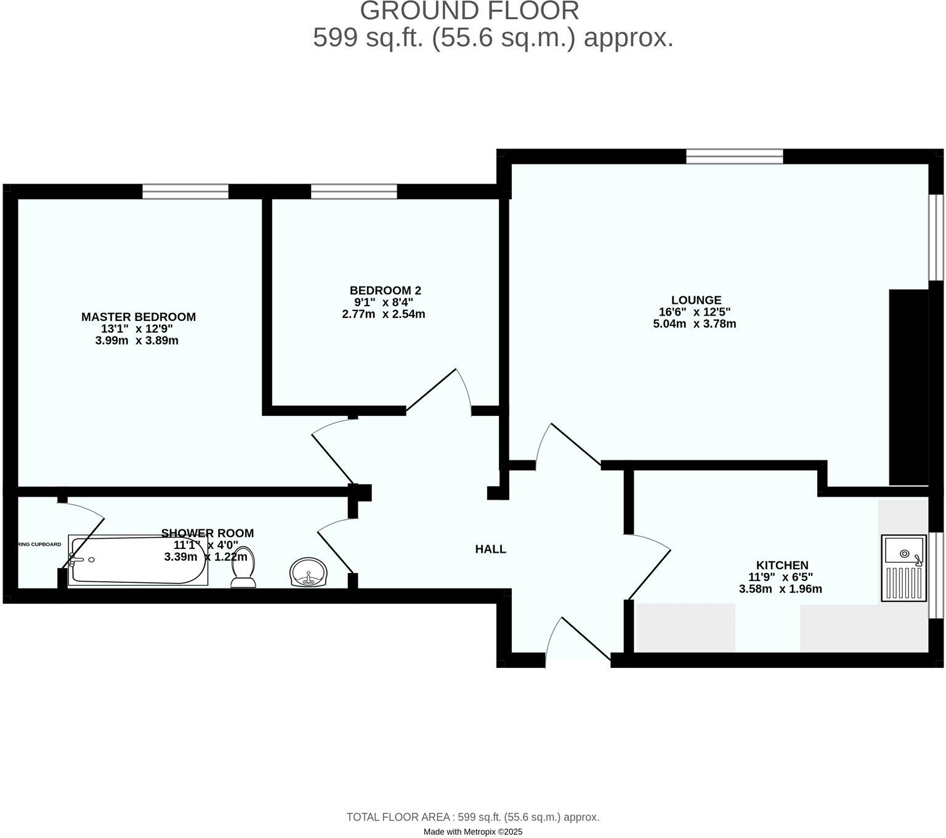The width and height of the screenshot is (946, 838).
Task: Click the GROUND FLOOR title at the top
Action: click(469, 11)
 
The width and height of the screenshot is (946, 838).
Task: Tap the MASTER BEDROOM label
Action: click(139, 317)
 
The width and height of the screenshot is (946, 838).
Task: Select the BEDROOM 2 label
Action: click(385, 290)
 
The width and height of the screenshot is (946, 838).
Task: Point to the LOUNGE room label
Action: click(696, 301)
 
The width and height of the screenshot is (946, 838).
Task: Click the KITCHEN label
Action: click(782, 565)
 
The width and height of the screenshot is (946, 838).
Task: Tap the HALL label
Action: click(490, 549)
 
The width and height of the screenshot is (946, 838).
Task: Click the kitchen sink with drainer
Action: click(904, 567)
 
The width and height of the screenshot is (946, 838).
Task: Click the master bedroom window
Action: click(185, 192)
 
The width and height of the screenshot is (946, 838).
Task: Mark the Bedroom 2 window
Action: click(354, 192)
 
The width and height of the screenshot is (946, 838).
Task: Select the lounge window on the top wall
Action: click(734, 157)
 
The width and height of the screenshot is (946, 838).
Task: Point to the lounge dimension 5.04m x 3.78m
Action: click(694, 324)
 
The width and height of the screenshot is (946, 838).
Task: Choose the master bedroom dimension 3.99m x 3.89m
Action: click(137, 341)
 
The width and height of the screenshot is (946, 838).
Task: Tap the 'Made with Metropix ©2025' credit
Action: click(472, 832)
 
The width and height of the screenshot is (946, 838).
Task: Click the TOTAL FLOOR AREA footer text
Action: click(472, 817)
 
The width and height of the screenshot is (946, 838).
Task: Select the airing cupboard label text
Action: click(39, 545)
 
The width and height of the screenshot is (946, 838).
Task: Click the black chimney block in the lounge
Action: click(908, 387)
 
